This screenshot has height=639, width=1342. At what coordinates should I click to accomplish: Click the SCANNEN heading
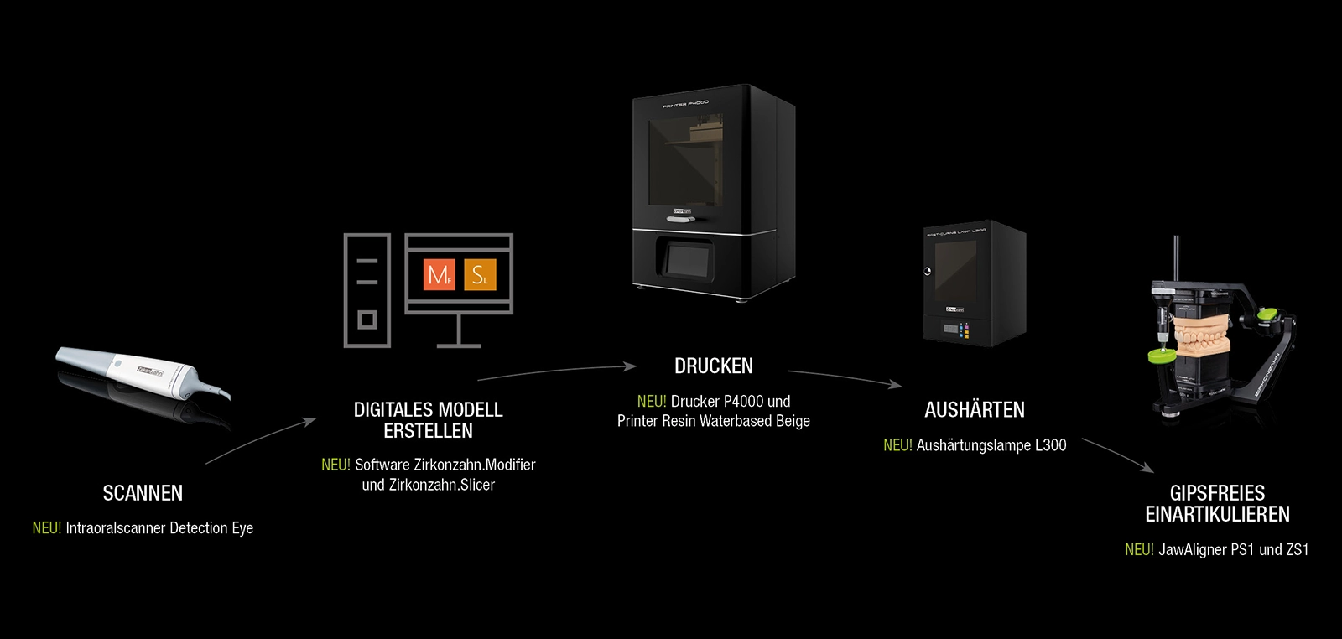[x=143, y=493]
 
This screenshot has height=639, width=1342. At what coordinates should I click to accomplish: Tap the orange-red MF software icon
[x=440, y=275]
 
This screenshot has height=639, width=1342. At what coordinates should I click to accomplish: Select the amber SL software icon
[x=480, y=275]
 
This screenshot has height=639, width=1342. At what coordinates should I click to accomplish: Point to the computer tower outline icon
[x=367, y=290]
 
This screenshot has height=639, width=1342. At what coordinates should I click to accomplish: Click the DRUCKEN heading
[x=714, y=366]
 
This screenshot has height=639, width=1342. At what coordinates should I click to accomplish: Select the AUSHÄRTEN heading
[x=975, y=409]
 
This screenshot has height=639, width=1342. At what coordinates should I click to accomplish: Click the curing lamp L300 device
[x=975, y=283]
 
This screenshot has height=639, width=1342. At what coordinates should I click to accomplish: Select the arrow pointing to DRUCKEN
[x=557, y=371]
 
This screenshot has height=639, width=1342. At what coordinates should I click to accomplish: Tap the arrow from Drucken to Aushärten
[x=845, y=378]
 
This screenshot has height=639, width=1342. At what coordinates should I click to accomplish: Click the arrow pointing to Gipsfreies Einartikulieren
[x=1118, y=455]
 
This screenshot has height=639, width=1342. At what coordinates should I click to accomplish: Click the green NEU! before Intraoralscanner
[x=47, y=528]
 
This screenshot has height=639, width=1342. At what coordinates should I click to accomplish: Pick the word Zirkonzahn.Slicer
[x=441, y=485]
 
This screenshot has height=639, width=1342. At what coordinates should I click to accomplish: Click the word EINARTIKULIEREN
[x=1217, y=514]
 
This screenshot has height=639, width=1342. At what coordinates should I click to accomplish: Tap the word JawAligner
[x=1192, y=550]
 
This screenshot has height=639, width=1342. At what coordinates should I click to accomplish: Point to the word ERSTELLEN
[x=429, y=431]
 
